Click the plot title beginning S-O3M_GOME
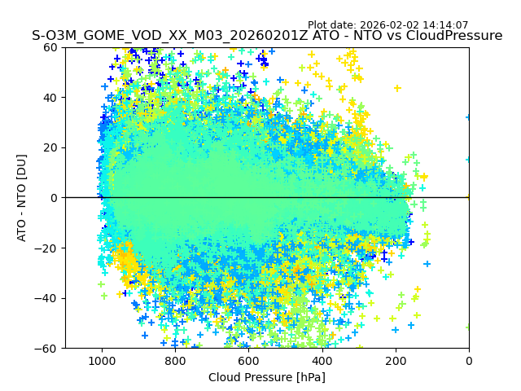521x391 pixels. click(x=267, y=36)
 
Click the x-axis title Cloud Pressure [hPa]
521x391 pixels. click(x=267, y=377)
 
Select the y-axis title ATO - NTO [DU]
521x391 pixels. click(x=22, y=198)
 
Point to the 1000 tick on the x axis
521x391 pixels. click(x=102, y=360)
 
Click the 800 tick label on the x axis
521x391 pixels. click(x=175, y=360)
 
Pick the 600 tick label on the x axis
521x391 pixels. click(x=248, y=360)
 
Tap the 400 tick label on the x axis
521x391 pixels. click(x=322, y=360)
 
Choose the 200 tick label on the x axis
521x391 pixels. click(x=396, y=360)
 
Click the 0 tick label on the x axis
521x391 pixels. click(x=469, y=360)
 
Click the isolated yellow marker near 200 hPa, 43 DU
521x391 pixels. click(x=397, y=88)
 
